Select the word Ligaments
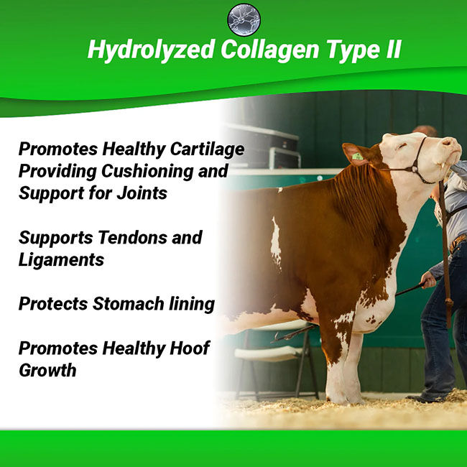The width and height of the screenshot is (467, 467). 61,260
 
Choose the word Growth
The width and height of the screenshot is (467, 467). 47,371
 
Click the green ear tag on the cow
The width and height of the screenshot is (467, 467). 356,156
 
